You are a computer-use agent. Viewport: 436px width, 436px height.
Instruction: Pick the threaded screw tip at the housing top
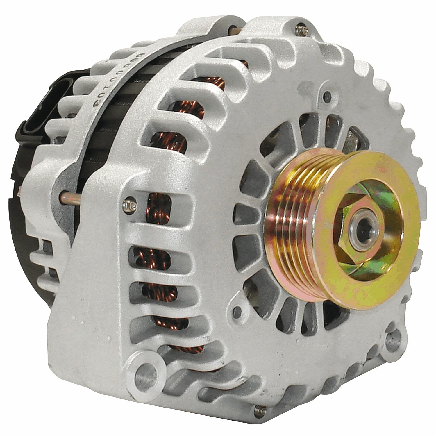pyautogui.click(x=299, y=30)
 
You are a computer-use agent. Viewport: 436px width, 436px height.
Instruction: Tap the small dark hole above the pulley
pyautogui.click(x=327, y=95)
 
